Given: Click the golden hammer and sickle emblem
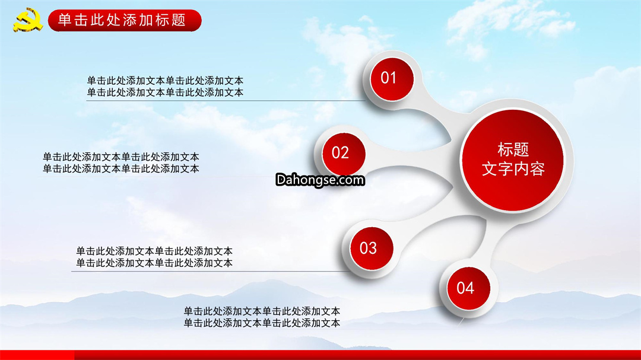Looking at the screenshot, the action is (28, 20).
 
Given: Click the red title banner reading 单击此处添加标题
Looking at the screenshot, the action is (125, 20).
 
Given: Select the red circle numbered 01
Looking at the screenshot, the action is (392, 79).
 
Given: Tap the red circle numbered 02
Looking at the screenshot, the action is (344, 154).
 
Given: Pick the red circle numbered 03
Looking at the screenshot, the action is (372, 249).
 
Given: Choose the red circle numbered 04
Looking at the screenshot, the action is (468, 288).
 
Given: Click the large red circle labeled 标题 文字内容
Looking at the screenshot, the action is (513, 160).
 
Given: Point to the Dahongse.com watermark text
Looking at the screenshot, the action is (320, 180).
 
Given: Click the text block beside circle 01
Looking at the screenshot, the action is (165, 86).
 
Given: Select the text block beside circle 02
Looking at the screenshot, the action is (121, 163).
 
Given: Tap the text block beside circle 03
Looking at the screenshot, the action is (154, 257).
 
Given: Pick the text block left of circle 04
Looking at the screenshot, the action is (262, 317).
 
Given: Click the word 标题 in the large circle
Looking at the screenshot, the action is (513, 149).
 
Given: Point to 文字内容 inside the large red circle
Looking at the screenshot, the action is (513, 169).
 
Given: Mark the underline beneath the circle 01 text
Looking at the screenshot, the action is (226, 100).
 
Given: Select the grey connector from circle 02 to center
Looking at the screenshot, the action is (409, 157).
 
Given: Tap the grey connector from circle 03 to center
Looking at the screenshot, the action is (433, 225).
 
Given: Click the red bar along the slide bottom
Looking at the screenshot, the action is (320, 355).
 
